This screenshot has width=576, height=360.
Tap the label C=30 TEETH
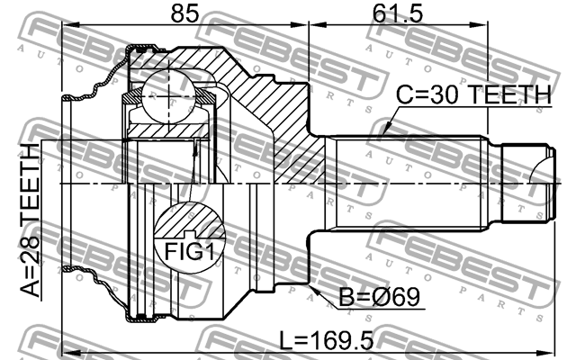tap(472, 95)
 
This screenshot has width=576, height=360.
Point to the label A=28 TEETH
tap(30, 221)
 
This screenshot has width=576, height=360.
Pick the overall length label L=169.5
tap(325, 341)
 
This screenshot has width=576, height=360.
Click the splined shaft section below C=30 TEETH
tap(414, 184)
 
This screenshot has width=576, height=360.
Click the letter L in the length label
tap(284, 341)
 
